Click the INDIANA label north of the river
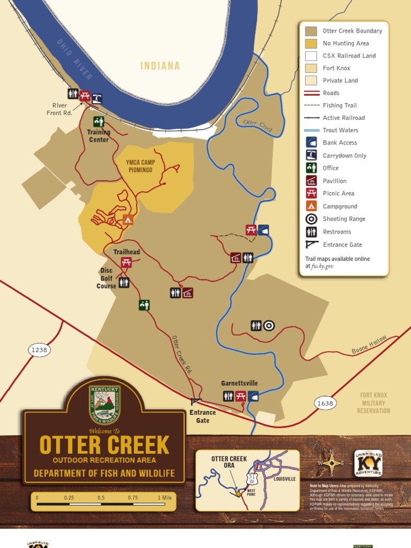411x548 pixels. coord(160,66)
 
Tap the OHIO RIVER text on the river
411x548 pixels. coord(74,59)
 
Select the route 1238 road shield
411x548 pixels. coord(39,350)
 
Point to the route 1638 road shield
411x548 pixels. coord(325,404)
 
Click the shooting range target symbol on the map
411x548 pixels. coord(269,325)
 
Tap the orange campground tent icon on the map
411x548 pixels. coord(127,219)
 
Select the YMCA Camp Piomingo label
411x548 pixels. coord(139,166)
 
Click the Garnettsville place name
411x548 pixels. coord(239,383)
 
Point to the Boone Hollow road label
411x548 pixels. coord(369,344)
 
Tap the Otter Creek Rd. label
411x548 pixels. coord(182,354)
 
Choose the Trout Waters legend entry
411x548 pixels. coord(340,130)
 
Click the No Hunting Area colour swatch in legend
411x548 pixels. coord(311,43)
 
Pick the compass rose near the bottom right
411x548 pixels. coord(332,463)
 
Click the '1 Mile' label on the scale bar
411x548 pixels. coord(165,498)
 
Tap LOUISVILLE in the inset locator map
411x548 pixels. coord(284,479)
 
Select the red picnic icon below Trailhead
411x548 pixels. coord(126,262)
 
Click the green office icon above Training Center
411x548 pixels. coord(98,121)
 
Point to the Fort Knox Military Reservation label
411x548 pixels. coord(374,403)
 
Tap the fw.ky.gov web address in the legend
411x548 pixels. coord(322,266)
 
